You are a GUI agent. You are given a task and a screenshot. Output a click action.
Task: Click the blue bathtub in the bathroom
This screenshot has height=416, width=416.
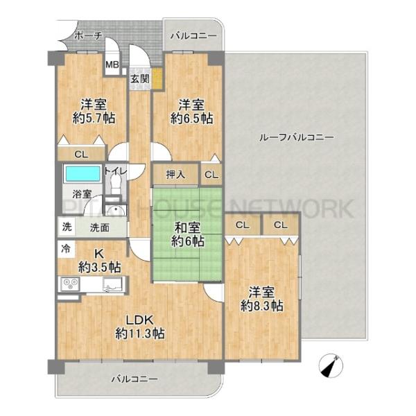(x=83, y=173)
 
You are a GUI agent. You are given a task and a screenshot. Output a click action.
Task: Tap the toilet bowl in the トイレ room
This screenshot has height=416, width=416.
(x=115, y=184)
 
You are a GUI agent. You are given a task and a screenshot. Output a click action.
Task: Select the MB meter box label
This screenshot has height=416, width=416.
(x=112, y=64)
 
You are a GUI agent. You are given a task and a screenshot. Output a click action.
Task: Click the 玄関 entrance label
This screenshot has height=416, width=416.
(x=140, y=79)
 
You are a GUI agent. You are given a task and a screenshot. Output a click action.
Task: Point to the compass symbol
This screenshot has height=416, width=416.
(x=331, y=366)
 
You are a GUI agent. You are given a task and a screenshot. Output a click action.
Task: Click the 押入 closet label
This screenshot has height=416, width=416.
(x=175, y=174)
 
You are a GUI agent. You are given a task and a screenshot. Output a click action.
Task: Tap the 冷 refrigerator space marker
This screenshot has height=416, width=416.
(x=66, y=249)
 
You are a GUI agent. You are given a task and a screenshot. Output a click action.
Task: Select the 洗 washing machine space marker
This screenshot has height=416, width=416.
(x=67, y=227)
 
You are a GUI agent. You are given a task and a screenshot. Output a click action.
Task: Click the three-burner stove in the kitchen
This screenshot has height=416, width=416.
(x=70, y=284)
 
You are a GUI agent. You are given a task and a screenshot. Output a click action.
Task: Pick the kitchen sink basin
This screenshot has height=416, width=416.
(x=113, y=284)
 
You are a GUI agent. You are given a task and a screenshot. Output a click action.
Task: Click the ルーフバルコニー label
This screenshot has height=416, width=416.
(x=296, y=138)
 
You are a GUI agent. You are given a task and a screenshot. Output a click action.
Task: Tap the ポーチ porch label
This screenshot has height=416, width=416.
(x=88, y=36)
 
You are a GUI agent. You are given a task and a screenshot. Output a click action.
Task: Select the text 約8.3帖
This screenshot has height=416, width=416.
(x=262, y=306)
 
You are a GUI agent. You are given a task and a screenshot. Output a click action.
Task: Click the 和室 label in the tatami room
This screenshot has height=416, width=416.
(x=187, y=228)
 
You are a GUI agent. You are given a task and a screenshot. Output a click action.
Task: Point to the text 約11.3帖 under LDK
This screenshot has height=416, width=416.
(x=140, y=333)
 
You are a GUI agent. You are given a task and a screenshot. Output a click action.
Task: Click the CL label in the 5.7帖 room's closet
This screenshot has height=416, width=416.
(x=81, y=155)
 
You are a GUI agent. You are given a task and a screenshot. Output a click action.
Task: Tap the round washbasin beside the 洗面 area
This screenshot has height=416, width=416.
(x=115, y=211)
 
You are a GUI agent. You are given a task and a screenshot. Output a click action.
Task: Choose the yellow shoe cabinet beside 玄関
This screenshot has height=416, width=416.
(x=157, y=79)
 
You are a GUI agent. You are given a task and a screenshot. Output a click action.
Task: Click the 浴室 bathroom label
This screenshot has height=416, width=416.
(x=82, y=194)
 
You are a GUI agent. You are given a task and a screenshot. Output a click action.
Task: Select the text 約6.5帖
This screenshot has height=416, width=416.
(x=191, y=119)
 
